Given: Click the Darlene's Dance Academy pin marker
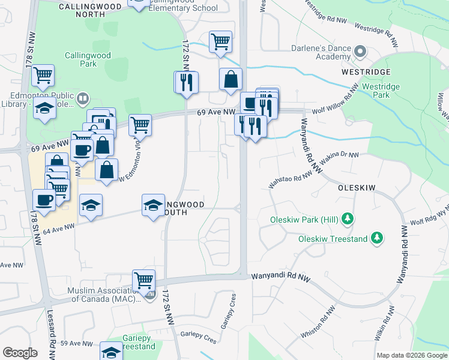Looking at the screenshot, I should point(360,52).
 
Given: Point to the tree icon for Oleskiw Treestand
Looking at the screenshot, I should point(376,239).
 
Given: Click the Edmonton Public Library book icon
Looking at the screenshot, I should point(83,97).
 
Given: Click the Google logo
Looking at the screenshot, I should point(20,352).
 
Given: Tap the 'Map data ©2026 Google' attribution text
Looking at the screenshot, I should point(411,355).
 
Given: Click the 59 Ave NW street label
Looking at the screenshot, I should point(76,344).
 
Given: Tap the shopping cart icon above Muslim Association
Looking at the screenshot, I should point(144,280).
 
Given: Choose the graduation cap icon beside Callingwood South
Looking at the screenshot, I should point(154,205).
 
